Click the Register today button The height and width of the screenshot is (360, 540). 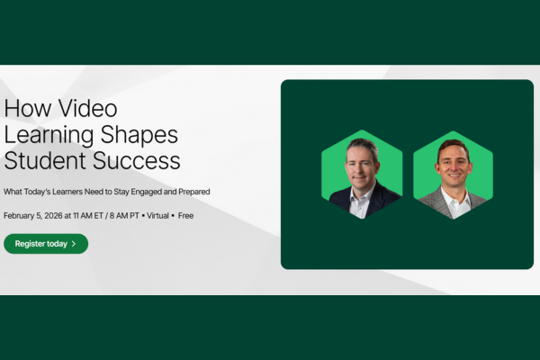click(x=46, y=244)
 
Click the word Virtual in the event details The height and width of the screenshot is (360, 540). click(x=157, y=216)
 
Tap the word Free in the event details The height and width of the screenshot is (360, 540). click(x=185, y=216)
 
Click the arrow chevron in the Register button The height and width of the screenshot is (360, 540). click(x=74, y=244)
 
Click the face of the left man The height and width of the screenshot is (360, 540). click(x=361, y=162)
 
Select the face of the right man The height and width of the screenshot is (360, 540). click(x=453, y=165)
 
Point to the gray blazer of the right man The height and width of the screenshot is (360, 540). click(x=433, y=204)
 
